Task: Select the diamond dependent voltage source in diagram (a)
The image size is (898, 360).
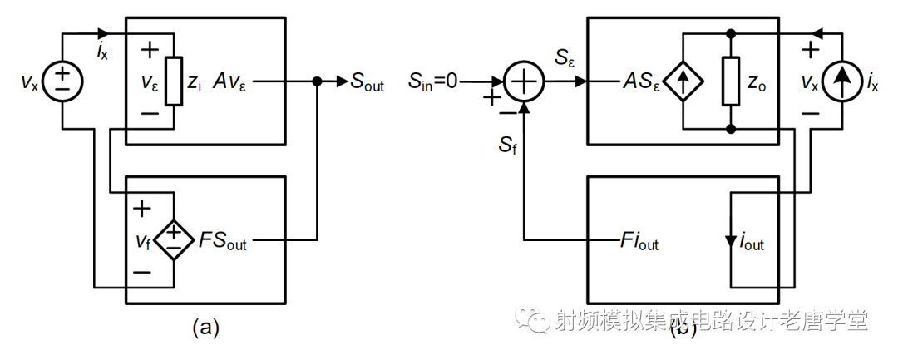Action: point(173,242)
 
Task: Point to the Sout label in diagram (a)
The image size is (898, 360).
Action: point(367,83)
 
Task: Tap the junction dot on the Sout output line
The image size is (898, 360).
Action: point(317,82)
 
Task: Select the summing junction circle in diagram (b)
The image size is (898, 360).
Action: point(525,82)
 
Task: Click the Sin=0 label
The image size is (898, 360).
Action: point(433,81)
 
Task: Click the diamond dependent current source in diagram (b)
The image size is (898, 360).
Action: point(683,81)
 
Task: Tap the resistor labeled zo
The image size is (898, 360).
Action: point(731,81)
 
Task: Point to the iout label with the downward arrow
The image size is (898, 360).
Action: point(751,244)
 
